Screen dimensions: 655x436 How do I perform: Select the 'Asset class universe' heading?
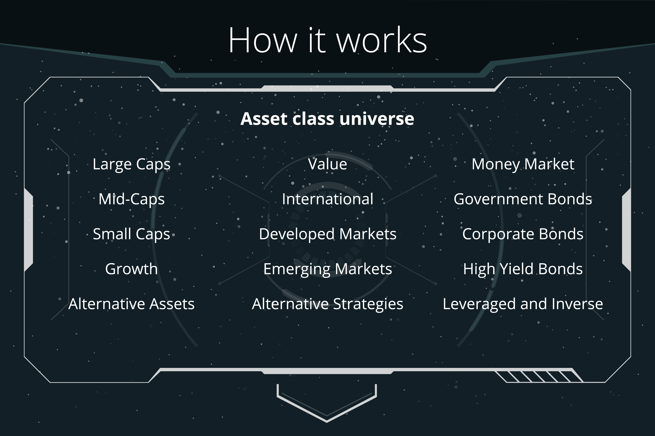tap(327, 119)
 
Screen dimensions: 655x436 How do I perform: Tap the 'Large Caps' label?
tap(131, 164)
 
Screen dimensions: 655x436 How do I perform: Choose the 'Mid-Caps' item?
tap(131, 199)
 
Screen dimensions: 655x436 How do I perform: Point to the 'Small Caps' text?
tap(131, 234)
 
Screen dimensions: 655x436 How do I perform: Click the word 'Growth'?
tap(131, 269)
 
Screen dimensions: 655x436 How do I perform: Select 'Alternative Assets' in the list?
tap(131, 304)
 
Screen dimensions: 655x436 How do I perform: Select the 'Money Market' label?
tap(523, 164)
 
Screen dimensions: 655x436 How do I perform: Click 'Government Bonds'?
tap(523, 199)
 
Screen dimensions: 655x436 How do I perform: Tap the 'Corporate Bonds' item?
tap(523, 234)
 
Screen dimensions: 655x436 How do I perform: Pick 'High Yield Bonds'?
tap(523, 269)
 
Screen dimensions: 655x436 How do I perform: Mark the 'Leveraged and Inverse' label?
tap(523, 304)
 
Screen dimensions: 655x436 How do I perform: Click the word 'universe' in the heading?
tap(377, 119)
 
